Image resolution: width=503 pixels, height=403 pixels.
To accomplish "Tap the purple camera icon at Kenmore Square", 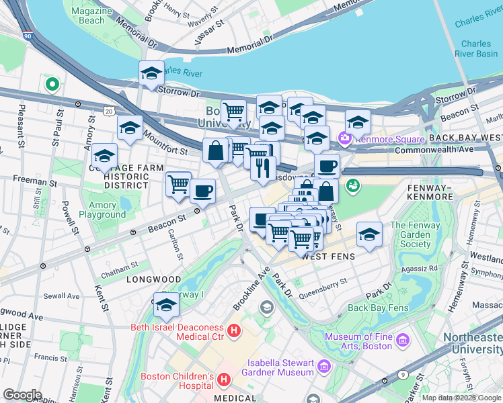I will pyautogui.click(x=346, y=138).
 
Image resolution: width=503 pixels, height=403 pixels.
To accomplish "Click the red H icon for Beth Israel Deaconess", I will pyautogui.click(x=234, y=330).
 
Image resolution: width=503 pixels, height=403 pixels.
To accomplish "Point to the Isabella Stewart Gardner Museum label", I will pyautogui.click(x=280, y=367).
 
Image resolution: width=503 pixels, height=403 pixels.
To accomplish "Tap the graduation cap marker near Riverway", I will pyautogui.click(x=165, y=306).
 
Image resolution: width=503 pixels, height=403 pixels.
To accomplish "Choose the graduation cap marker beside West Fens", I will pyautogui.click(x=369, y=234).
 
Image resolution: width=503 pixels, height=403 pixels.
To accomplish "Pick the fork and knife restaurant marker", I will pyautogui.click(x=263, y=167).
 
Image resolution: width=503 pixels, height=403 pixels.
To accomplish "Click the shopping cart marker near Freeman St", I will pyautogui.click(x=178, y=184).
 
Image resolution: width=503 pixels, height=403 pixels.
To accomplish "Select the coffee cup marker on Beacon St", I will pyautogui.click(x=202, y=191).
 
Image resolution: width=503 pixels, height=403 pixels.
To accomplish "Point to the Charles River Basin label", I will pyautogui.click(x=476, y=48).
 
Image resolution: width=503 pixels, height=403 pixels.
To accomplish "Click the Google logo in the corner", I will pyautogui.click(x=22, y=395).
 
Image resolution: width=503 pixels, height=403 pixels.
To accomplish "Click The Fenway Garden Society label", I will pyautogui.click(x=415, y=235).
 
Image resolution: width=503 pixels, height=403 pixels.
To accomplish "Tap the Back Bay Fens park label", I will pyautogui.click(x=379, y=308).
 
